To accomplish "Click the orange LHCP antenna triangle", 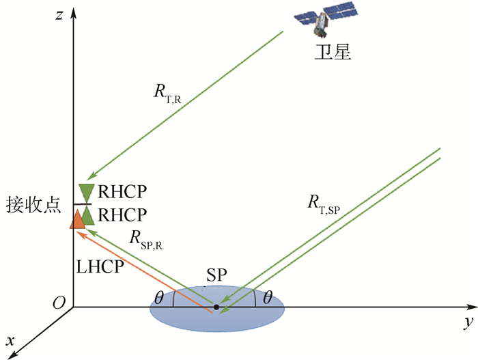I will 77,217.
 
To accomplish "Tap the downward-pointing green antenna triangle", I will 87,192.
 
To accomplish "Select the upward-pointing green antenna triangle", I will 87,214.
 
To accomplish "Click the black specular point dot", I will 216,307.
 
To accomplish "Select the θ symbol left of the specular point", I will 159,299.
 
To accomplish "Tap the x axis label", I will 11,340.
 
